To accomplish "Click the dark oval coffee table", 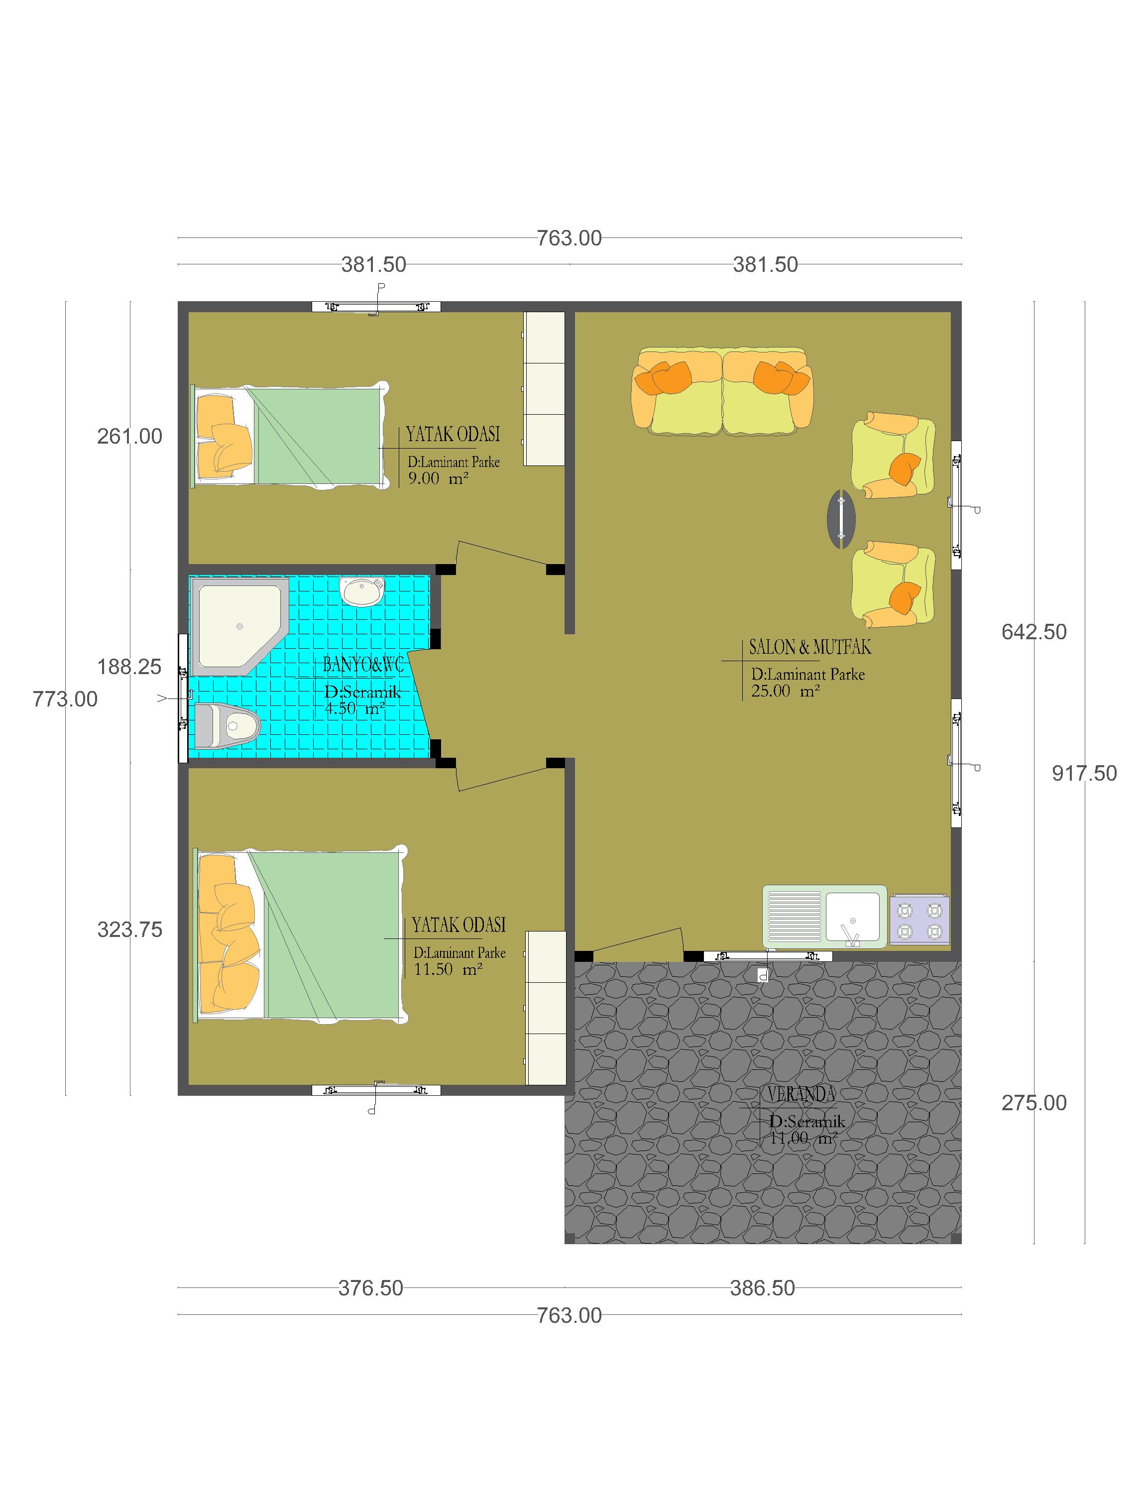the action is (841, 519).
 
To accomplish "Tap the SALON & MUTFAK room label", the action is (810, 647).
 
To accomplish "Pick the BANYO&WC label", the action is (363, 665).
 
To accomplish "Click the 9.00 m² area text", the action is (438, 478).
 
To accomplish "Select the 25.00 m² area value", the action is (786, 691).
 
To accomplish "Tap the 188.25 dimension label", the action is (129, 667).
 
